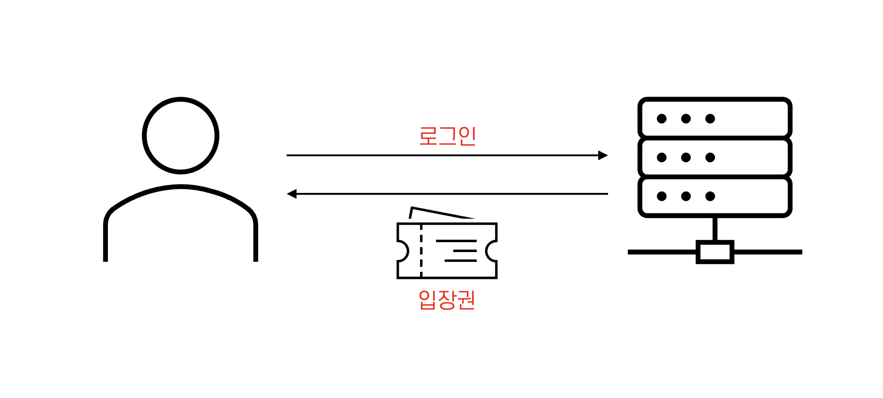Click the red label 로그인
click(x=447, y=136)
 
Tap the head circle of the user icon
click(x=181, y=136)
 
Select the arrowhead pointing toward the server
click(x=603, y=155)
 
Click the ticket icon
click(x=447, y=250)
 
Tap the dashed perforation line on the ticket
click(x=421, y=251)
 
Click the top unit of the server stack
click(x=715, y=118)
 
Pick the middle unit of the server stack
click(x=715, y=157)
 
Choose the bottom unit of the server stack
click(x=715, y=196)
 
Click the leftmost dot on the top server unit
click(x=662, y=119)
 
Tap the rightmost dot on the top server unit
click(x=710, y=119)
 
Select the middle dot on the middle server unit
click(x=686, y=157)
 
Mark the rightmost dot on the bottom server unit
click(x=710, y=196)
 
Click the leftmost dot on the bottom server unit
click(x=662, y=196)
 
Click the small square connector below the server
click(x=715, y=252)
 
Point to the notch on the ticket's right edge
click(x=491, y=251)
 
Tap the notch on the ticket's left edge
click(x=403, y=251)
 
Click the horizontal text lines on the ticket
click(x=457, y=251)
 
